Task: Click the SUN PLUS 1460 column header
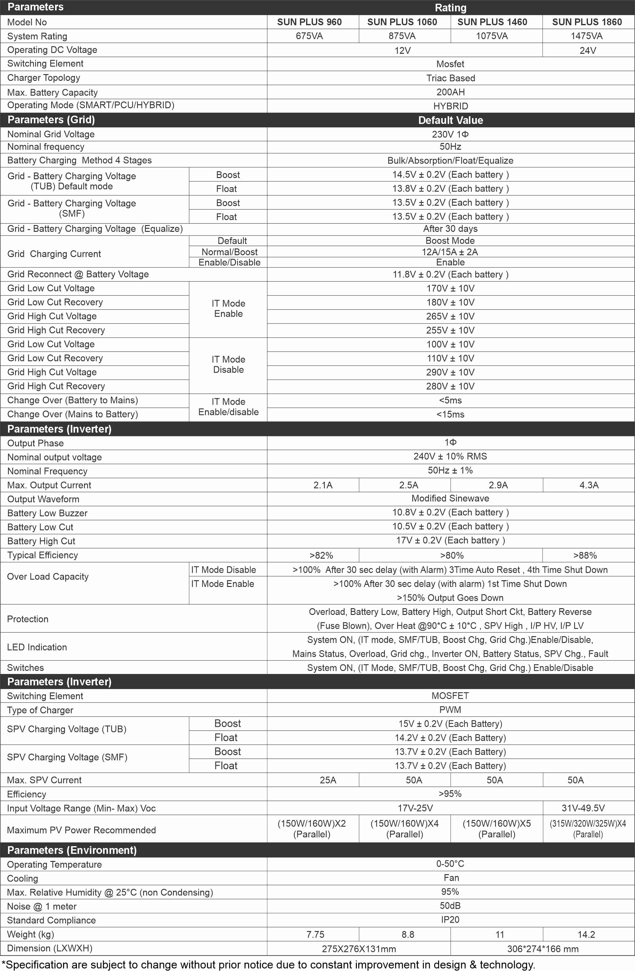tap(492, 22)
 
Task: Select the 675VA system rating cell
tap(309, 36)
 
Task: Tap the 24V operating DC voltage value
tap(588, 51)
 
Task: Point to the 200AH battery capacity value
tap(450, 92)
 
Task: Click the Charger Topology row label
tap(44, 78)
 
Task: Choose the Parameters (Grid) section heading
tap(51, 120)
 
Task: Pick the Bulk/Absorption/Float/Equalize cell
tap(450, 160)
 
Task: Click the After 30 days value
tap(450, 229)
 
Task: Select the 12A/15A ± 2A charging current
tap(450, 252)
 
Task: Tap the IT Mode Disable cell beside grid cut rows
tap(228, 365)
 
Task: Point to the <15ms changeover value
tap(450, 414)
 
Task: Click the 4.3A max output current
tap(589, 485)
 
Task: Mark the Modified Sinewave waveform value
tap(450, 498)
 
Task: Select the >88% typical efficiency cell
tap(585, 555)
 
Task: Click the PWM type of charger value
tap(450, 710)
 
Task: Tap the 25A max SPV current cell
tap(328, 780)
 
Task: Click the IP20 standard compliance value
tap(450, 920)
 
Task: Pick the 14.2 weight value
tap(586, 934)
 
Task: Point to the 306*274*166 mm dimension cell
tap(542, 949)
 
